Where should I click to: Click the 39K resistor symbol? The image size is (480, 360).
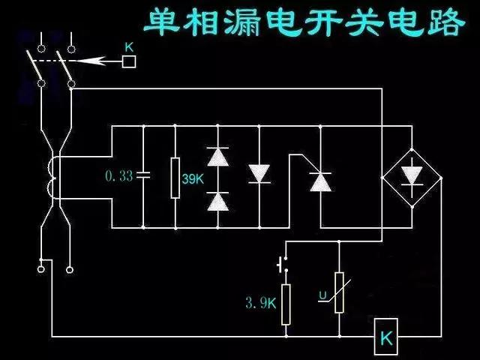click(175, 178)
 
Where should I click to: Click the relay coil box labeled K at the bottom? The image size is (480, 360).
click(386, 337)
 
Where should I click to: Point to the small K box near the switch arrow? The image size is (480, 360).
click(128, 61)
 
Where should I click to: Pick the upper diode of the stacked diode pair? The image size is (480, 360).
click(217, 157)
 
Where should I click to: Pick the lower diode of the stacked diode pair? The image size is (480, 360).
click(217, 200)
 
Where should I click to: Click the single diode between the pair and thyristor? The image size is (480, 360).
click(259, 173)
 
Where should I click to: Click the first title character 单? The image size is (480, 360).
click(166, 22)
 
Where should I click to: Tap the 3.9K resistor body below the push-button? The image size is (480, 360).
click(286, 304)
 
